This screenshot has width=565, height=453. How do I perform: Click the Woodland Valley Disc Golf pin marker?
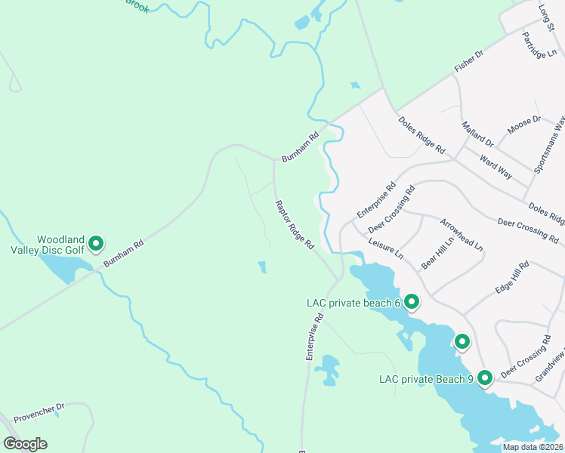(x=96, y=243)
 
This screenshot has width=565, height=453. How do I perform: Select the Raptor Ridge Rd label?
(x=294, y=225)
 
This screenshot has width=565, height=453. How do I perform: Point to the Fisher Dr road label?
(x=468, y=62)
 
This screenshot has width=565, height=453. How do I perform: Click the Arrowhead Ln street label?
(x=462, y=234)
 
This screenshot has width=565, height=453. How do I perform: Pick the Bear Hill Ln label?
(x=438, y=252)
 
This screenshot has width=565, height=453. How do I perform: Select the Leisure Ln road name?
(x=387, y=251)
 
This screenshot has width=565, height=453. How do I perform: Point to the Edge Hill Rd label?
(x=513, y=279)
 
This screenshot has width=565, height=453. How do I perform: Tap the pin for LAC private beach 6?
(x=412, y=302)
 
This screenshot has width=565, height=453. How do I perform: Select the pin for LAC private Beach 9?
(x=484, y=377)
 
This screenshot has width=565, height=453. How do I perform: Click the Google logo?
(x=25, y=444)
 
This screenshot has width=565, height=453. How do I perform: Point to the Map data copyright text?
(x=533, y=447)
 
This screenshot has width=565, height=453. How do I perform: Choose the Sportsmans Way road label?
(x=549, y=145)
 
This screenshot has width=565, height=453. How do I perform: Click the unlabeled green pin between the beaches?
(x=461, y=341)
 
